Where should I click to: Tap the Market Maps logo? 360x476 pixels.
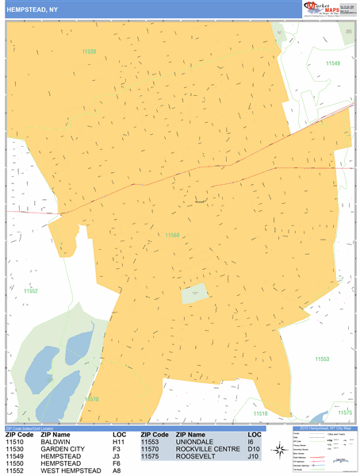(x=327, y=8)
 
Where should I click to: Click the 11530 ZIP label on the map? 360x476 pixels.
(x=90, y=52)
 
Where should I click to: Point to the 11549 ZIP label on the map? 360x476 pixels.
(x=332, y=63)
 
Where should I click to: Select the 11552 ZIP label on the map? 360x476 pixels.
(x=31, y=291)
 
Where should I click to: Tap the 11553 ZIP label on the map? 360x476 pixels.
(x=321, y=359)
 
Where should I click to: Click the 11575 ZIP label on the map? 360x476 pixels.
(x=344, y=413)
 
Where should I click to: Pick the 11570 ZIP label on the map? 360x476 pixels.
(x=93, y=399)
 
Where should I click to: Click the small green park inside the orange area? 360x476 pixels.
(x=194, y=294)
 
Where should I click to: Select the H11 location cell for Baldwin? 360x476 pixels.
(x=119, y=442)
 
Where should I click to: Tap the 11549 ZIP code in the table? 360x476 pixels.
(x=19, y=456)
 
